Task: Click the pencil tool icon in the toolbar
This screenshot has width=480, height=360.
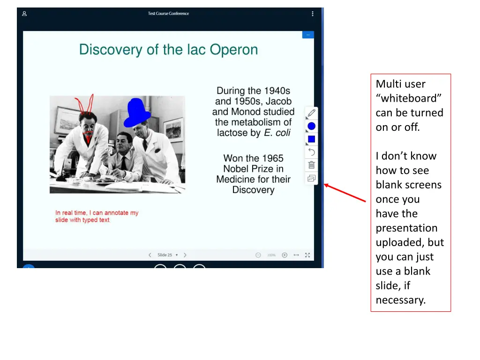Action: tap(311, 113)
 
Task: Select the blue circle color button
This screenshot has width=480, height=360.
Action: tap(311, 126)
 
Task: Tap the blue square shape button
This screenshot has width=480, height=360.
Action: tap(311, 139)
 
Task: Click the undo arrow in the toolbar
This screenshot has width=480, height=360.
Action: tap(311, 152)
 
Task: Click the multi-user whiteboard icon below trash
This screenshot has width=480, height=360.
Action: tap(311, 178)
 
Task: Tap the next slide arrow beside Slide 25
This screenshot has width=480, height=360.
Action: tap(185, 255)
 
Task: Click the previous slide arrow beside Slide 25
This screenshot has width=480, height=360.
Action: tap(150, 255)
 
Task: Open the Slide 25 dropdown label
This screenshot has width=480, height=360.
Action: tap(167, 255)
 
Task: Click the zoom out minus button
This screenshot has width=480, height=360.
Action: tap(258, 255)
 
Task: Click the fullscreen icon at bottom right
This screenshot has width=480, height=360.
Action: tap(307, 255)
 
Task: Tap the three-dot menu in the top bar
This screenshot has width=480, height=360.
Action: tap(313, 14)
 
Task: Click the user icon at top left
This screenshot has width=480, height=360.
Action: tap(24, 14)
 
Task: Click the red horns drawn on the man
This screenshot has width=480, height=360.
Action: tap(86, 105)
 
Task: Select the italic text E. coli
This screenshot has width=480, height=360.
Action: tap(277, 133)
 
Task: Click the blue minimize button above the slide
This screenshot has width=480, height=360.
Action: tap(308, 35)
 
